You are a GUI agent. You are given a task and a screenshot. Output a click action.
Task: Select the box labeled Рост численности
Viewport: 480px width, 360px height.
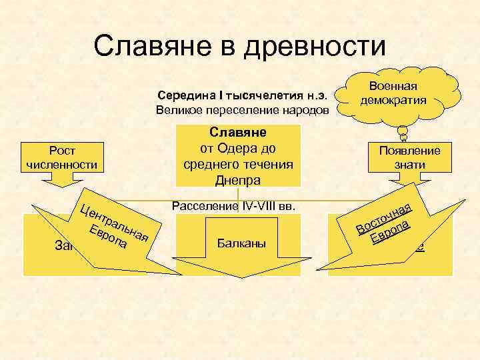click(61, 157)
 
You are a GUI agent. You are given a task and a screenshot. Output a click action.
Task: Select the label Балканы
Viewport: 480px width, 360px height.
click(242, 245)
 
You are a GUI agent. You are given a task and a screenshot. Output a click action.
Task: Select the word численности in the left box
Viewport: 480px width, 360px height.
click(61, 164)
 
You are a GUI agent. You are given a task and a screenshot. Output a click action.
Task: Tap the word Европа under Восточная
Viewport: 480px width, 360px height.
click(389, 232)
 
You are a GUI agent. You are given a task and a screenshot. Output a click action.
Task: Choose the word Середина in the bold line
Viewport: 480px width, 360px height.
click(180, 93)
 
